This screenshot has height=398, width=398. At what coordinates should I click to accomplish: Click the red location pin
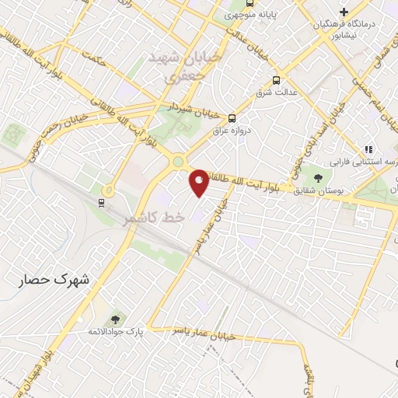tap(200, 182)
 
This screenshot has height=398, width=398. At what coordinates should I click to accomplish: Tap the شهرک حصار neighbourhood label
tap(55, 278)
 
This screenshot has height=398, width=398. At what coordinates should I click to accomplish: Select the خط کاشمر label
tap(154, 219)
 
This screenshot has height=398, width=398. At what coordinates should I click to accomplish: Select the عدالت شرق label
tap(277, 93)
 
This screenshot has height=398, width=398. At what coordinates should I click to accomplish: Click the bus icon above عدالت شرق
tap(277, 80)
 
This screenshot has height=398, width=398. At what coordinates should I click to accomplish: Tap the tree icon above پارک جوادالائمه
tap(115, 319)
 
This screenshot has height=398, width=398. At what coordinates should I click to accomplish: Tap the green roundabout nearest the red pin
tap(179, 162)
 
